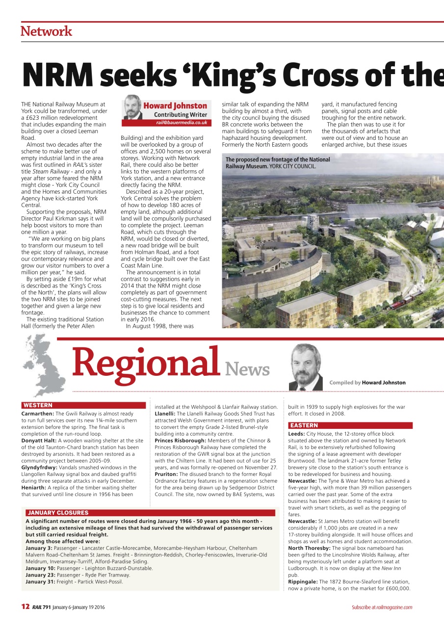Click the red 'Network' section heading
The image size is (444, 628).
point(46,31)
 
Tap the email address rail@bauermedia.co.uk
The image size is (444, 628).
point(182,122)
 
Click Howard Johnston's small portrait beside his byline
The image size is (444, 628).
point(132,107)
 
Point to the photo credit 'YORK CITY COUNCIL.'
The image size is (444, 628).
point(293,166)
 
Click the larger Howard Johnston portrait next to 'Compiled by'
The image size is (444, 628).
point(306,367)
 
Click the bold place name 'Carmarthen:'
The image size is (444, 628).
point(38,414)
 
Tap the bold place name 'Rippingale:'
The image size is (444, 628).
point(303,581)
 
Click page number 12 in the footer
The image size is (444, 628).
point(26,607)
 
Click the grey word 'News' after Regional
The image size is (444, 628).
point(247,369)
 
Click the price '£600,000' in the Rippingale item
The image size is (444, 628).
point(398,588)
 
